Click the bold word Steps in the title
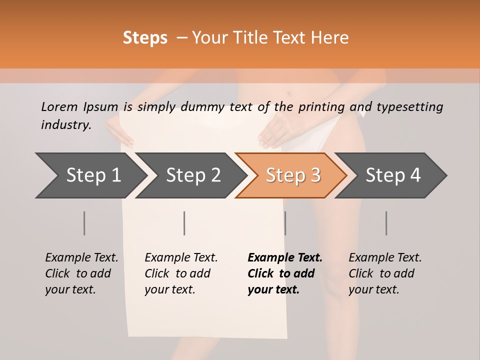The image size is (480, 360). click(x=145, y=38)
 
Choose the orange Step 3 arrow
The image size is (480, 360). click(x=293, y=175)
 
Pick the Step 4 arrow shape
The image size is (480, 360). click(x=393, y=175)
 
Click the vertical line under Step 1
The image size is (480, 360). click(x=84, y=223)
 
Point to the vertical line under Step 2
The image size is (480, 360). click(x=184, y=223)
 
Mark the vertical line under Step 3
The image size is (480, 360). click(x=285, y=223)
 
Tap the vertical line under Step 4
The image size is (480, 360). click(x=386, y=223)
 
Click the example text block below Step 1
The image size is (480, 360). click(x=81, y=273)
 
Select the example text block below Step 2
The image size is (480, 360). click(x=181, y=273)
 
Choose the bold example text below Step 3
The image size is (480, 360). click(x=285, y=273)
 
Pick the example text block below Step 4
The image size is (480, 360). click(x=385, y=273)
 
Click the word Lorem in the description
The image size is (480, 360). click(x=59, y=107)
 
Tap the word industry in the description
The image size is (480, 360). click(x=66, y=125)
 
